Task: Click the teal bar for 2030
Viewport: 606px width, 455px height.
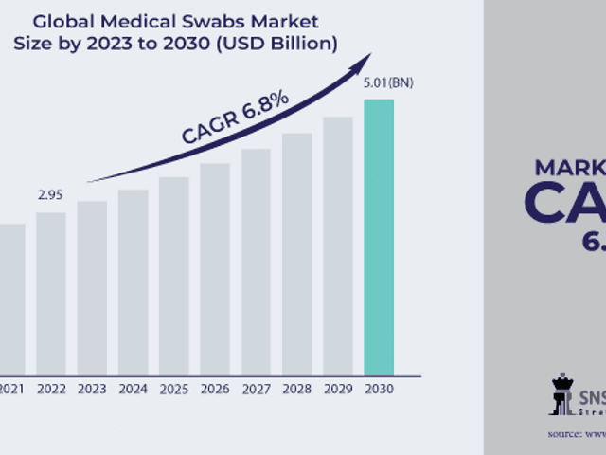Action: coord(379,237)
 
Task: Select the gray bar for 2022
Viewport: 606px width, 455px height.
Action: coord(51,293)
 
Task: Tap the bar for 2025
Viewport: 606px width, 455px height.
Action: coord(173,275)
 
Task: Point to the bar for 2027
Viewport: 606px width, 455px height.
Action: coord(256,261)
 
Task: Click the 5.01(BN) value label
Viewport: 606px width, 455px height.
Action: coord(387,83)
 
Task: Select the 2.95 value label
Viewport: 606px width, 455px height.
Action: coord(50,195)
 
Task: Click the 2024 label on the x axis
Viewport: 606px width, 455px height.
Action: coord(133,388)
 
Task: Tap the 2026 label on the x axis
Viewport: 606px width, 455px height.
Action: coord(214,388)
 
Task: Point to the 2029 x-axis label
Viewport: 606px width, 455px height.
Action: coord(337,388)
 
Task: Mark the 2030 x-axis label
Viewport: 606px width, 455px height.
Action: coord(379,388)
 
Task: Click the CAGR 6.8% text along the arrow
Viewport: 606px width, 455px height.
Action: coord(236,118)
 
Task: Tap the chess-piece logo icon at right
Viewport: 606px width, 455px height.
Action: coord(562,394)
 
